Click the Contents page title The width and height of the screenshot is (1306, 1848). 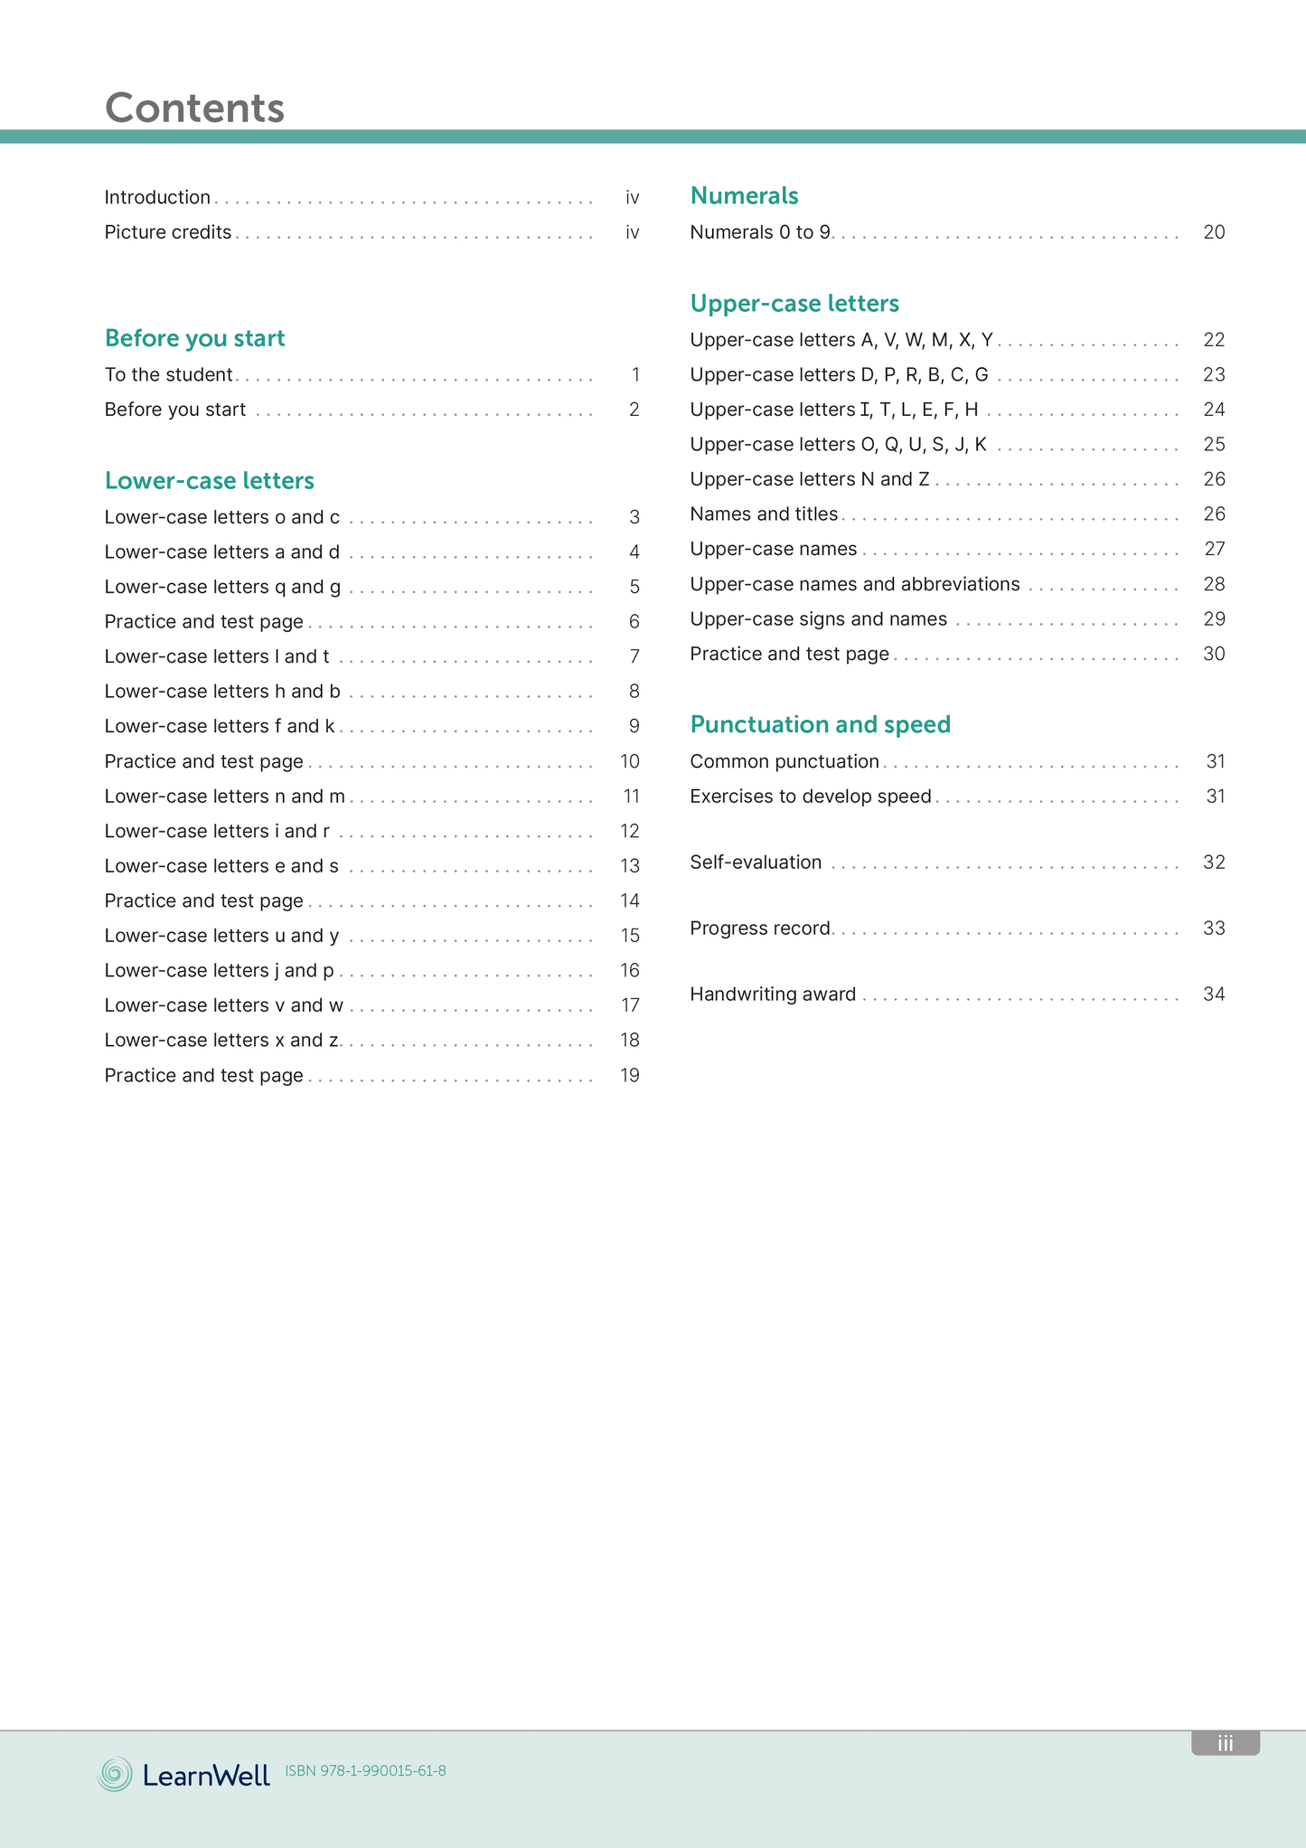pos(194,108)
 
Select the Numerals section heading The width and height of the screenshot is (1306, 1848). pos(744,195)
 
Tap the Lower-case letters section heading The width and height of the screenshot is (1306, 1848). pos(209,480)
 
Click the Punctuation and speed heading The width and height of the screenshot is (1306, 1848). pos(820,724)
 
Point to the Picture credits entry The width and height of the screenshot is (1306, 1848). pos(168,232)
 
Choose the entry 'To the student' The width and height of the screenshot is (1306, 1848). pos(168,374)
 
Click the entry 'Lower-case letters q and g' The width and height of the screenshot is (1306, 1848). pos(222,587)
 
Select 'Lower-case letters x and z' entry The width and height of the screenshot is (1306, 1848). pos(221,1040)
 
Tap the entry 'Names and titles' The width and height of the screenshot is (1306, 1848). pos(764,514)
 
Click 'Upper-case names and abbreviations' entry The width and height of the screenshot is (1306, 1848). pos(854,584)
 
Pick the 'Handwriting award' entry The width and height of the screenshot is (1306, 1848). pos(773,995)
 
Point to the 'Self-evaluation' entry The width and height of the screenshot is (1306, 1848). pos(756,863)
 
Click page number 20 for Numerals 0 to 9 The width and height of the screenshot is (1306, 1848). pos(1214,232)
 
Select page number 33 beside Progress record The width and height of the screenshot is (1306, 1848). pos(1214,929)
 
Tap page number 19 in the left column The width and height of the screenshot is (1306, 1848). pos(630,1075)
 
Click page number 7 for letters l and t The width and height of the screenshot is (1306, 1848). pos(634,656)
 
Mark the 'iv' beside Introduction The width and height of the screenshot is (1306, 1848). pos(633,197)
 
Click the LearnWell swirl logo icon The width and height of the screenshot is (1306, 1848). pos(115,1774)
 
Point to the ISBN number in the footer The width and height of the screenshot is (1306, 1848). pos(365,1770)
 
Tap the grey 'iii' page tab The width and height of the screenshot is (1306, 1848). pos(1225,1743)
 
